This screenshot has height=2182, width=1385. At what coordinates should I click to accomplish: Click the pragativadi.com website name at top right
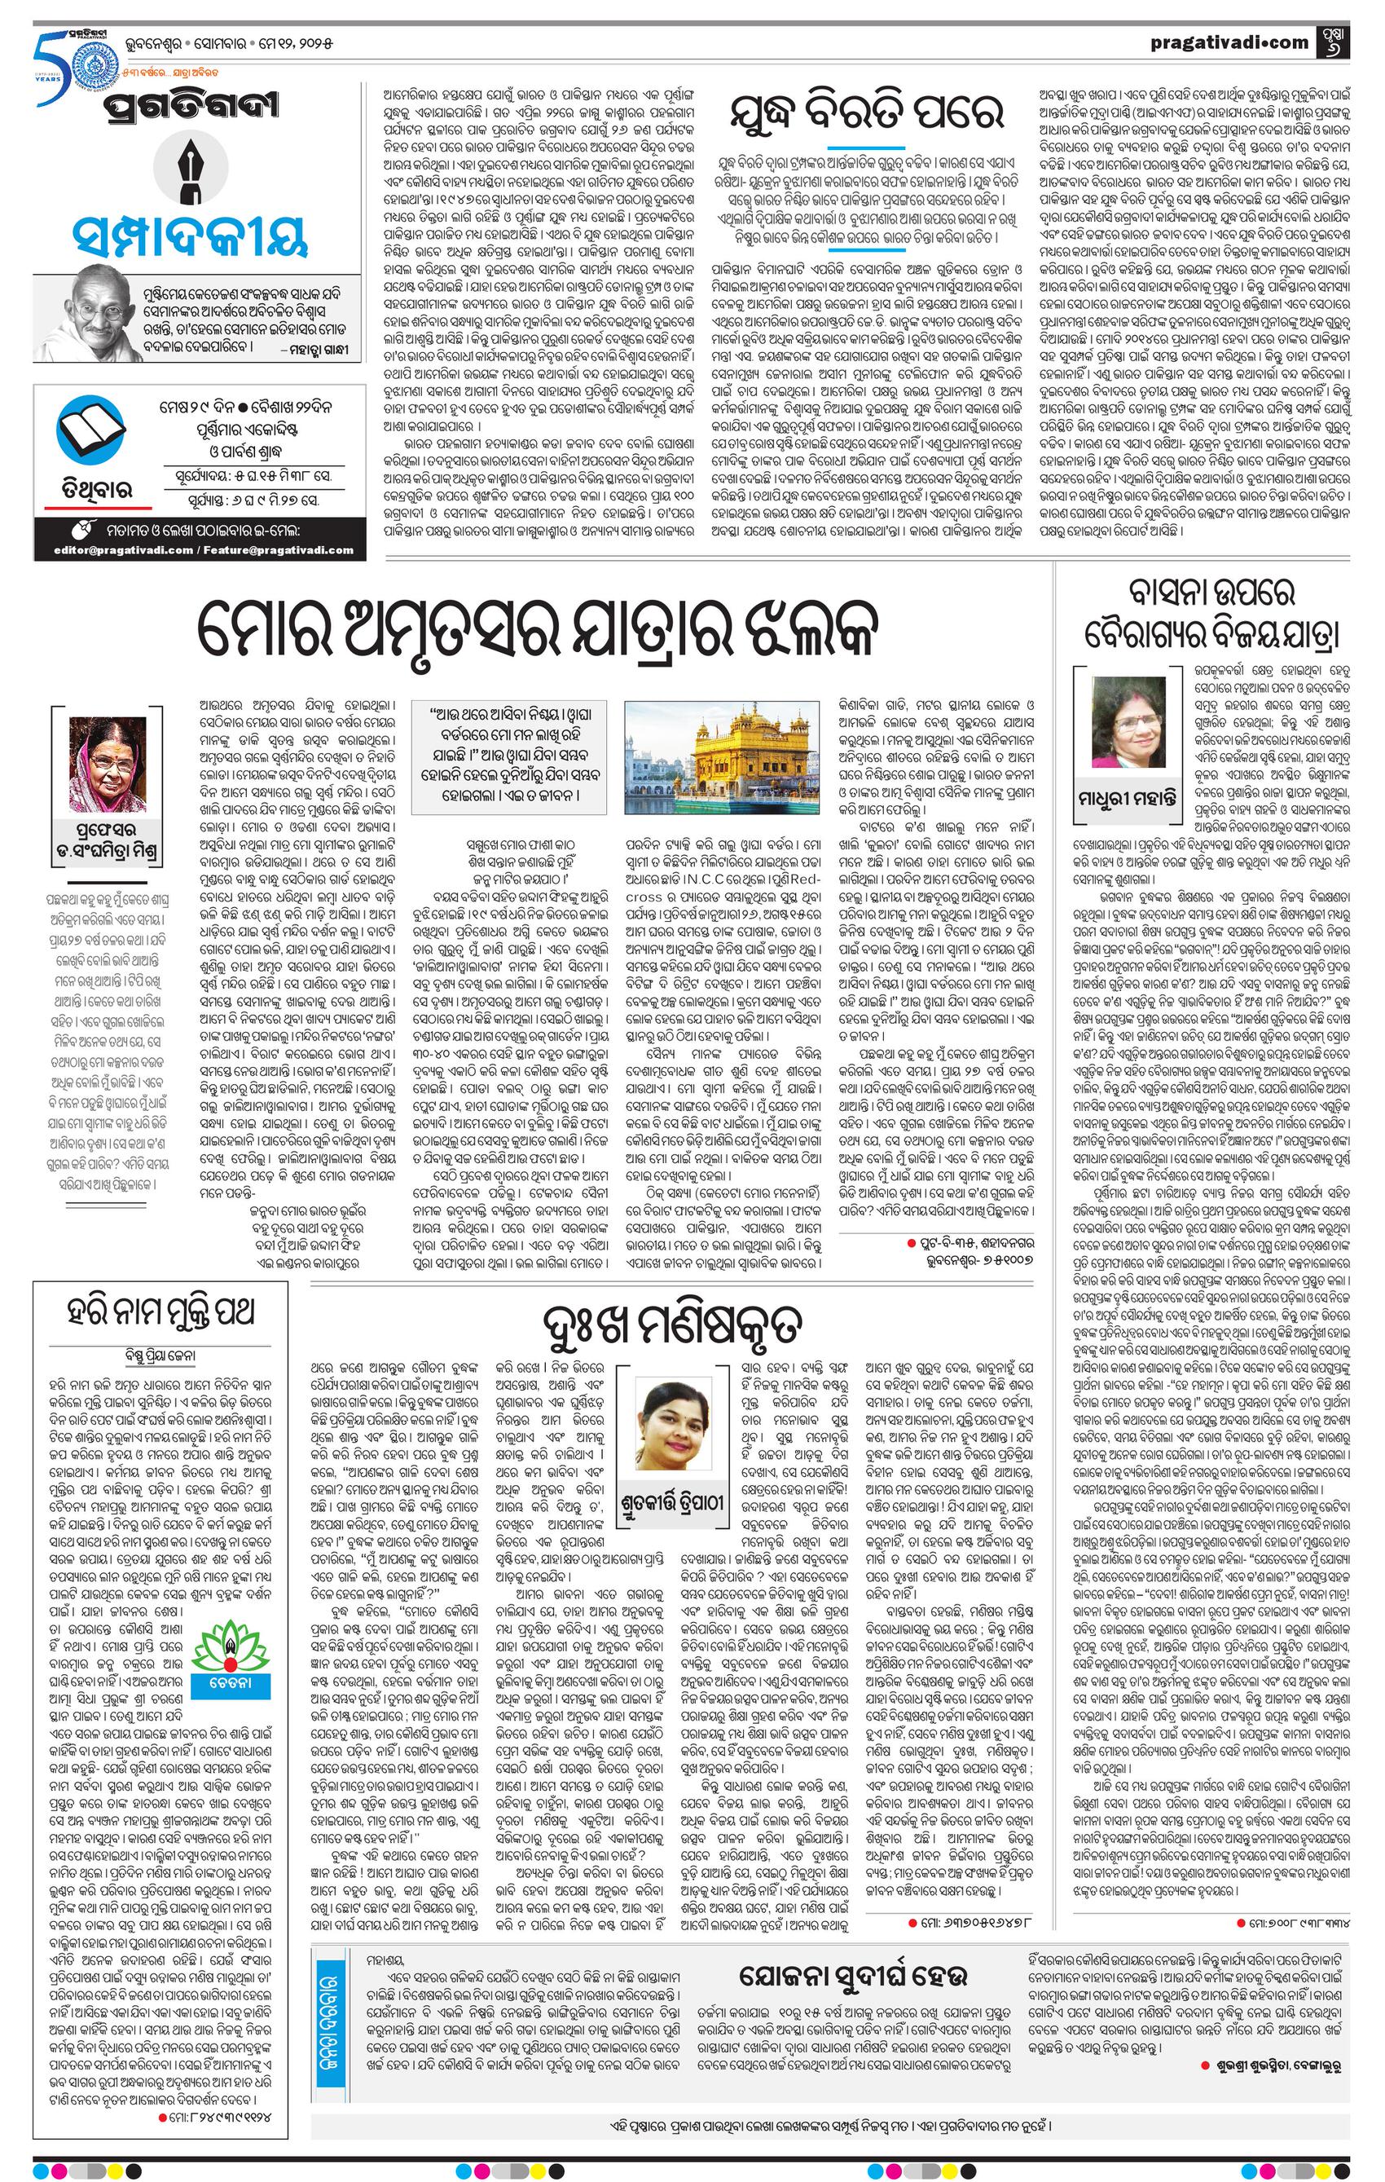click(x=1229, y=42)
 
